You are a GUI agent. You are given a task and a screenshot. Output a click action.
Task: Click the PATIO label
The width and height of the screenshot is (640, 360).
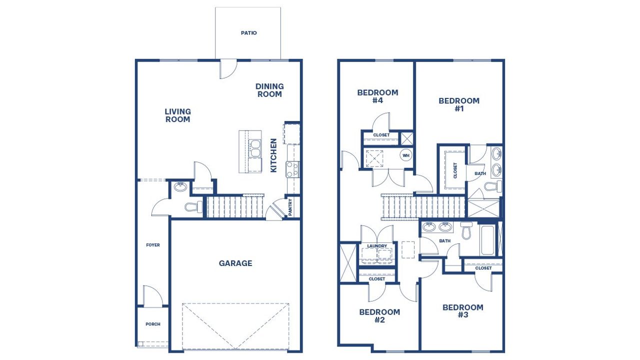[x=248, y=33]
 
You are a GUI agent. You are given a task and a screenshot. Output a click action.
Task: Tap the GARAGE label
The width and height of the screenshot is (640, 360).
[x=235, y=263]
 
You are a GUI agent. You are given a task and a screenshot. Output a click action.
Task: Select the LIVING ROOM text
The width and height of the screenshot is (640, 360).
[x=177, y=115]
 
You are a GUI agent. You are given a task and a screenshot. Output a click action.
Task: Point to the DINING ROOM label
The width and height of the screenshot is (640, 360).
[x=269, y=90]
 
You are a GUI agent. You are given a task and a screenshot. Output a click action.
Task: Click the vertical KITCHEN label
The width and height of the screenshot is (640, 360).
[x=273, y=155]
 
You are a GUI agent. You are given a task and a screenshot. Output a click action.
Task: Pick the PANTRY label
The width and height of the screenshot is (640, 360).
[x=290, y=206]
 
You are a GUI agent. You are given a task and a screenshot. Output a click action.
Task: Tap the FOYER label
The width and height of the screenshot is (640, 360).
[x=153, y=245]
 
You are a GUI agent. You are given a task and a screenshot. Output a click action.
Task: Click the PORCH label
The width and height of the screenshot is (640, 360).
[x=153, y=324]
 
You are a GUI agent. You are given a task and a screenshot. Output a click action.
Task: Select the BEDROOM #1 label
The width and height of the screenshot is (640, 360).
[x=459, y=104]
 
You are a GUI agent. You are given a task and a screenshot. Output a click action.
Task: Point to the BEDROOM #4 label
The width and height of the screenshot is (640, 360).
[x=377, y=96]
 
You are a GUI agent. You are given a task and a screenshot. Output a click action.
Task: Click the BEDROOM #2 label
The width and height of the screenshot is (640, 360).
[x=379, y=316]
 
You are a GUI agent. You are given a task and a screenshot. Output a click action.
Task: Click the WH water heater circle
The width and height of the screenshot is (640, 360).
[x=406, y=155]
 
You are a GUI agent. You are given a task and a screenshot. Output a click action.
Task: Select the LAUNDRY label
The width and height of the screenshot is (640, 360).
[x=376, y=246]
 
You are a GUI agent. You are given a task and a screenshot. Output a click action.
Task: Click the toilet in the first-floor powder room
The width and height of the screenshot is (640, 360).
[x=192, y=206]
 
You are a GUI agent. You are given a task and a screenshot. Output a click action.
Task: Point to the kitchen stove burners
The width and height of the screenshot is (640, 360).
[x=292, y=169]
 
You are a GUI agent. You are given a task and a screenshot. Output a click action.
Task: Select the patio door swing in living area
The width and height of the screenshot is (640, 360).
[x=228, y=69]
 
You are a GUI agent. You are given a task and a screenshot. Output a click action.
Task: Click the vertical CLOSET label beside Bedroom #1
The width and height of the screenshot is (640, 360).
[x=455, y=170]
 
